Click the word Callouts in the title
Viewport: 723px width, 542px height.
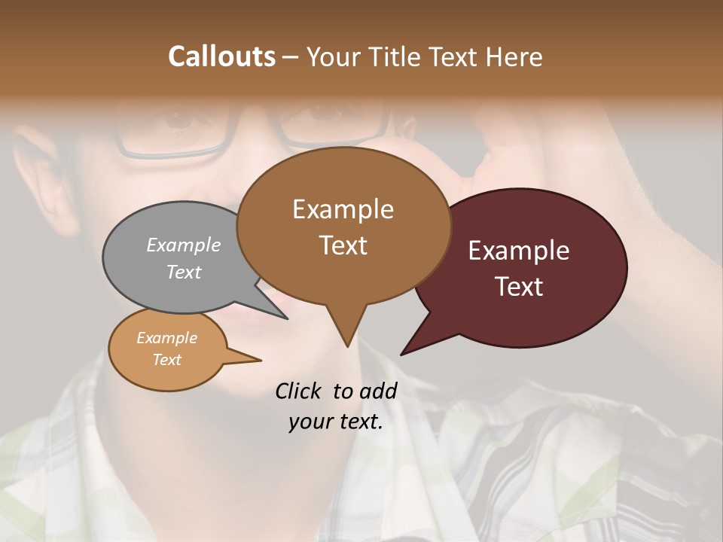click(x=221, y=56)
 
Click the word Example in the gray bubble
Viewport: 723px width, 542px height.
click(x=184, y=245)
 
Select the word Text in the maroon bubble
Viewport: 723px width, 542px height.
click(x=519, y=287)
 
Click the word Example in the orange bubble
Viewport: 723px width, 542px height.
click(x=167, y=338)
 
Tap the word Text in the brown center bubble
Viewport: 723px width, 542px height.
click(x=343, y=245)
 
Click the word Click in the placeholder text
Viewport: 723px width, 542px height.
click(x=299, y=391)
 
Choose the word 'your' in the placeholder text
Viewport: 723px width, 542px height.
click(x=311, y=422)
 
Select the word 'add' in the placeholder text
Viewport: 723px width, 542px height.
click(x=378, y=391)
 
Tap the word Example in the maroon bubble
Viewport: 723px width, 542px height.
click(x=519, y=251)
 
